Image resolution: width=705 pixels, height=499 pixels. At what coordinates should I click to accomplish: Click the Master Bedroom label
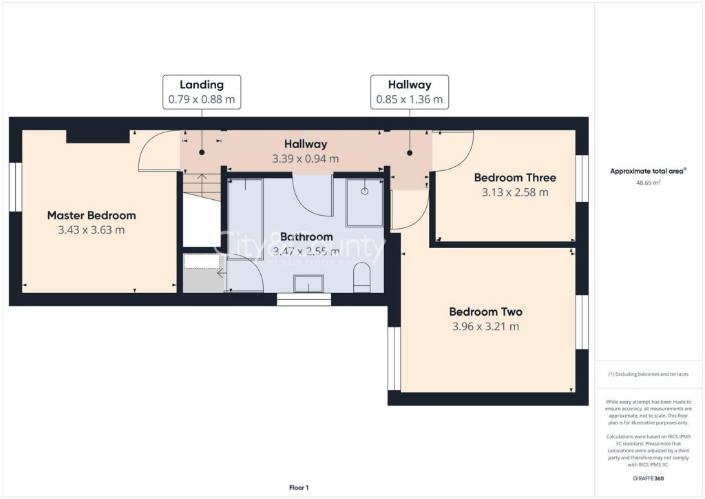[x=92, y=215]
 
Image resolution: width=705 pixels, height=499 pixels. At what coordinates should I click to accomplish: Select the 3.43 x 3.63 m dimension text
[x=92, y=230]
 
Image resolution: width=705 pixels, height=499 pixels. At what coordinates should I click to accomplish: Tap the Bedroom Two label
[x=485, y=312]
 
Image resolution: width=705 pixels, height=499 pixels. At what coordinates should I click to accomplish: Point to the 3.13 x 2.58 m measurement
[x=515, y=192]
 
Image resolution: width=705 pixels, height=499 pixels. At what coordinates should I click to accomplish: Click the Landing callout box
[x=202, y=92]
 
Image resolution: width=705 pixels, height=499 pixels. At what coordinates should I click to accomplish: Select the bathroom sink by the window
[x=308, y=284]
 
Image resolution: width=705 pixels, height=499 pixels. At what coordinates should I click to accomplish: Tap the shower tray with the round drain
[x=365, y=202]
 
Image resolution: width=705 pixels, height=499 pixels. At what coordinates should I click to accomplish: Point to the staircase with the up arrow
[x=201, y=186]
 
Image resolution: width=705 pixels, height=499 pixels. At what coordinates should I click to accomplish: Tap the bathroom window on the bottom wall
[x=304, y=300]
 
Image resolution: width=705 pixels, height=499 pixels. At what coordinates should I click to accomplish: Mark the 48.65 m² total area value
[x=647, y=183]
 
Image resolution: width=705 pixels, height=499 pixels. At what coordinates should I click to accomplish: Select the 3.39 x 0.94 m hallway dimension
[x=305, y=159]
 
